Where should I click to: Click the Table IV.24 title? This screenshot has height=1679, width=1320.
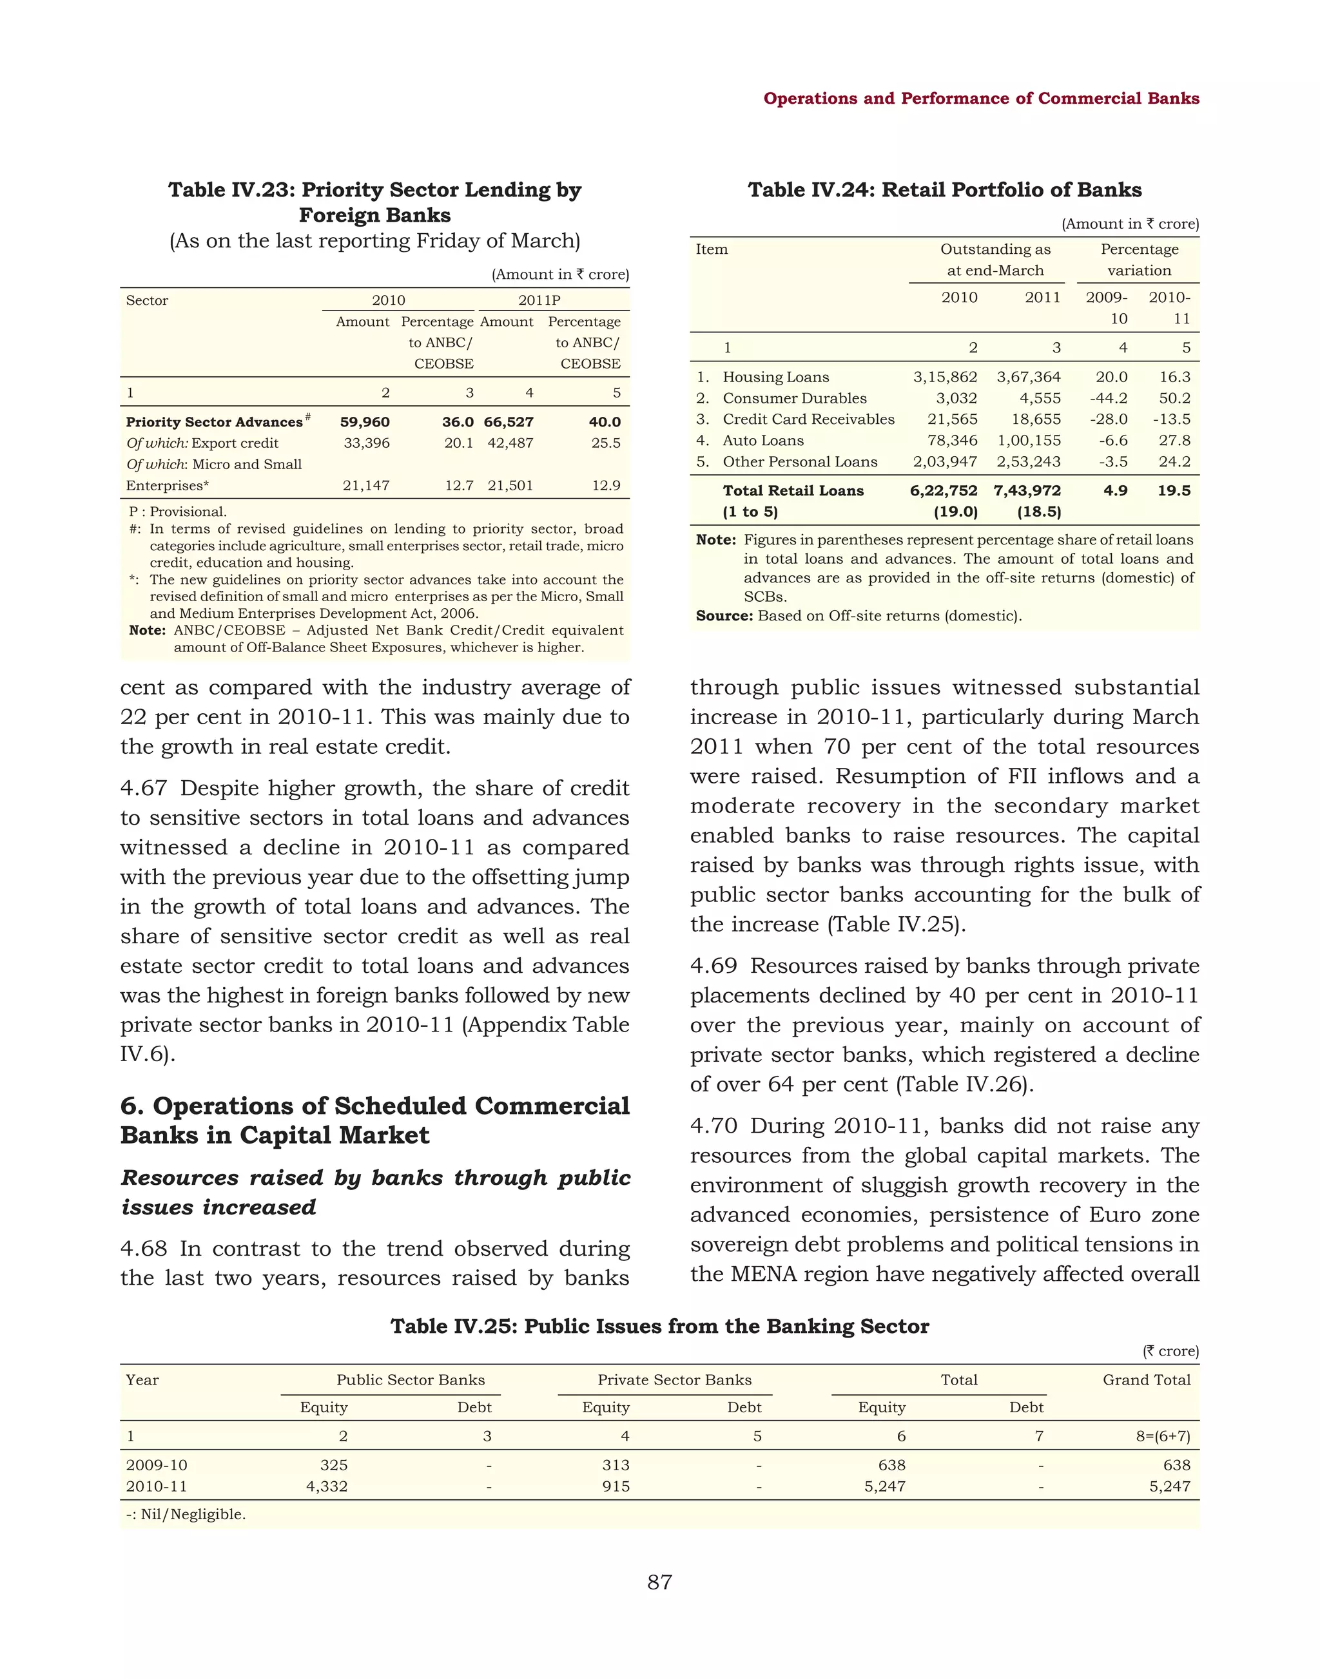tap(944, 190)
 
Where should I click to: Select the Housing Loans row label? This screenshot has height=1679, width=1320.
tap(775, 377)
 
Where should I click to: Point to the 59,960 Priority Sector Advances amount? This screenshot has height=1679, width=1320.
tap(365, 422)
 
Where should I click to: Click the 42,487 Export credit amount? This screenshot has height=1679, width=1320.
tap(509, 443)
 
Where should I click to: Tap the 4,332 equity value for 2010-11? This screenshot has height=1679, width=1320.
tap(326, 1486)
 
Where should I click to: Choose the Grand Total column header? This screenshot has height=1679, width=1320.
tap(1146, 1379)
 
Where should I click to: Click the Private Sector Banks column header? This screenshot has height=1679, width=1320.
tap(674, 1379)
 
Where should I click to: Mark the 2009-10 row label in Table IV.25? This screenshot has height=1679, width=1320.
tap(156, 1465)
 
